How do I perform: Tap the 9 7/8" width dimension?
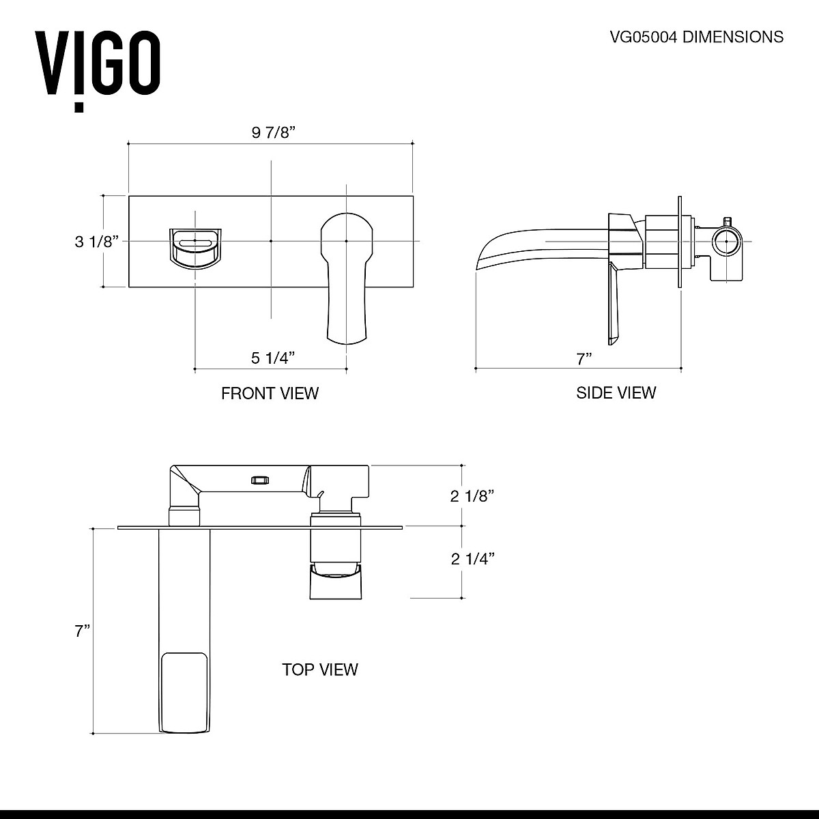click(x=272, y=132)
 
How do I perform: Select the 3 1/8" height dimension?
click(x=96, y=241)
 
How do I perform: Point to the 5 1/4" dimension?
click(x=273, y=357)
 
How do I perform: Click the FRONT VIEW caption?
click(x=270, y=393)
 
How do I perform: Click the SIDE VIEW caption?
click(x=616, y=392)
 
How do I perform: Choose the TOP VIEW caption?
click(x=319, y=670)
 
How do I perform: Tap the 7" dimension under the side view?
click(x=583, y=358)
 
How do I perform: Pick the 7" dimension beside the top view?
click(x=83, y=631)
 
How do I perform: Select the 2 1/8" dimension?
click(x=472, y=496)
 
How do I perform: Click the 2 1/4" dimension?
click(x=472, y=559)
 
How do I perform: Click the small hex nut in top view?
click(x=258, y=479)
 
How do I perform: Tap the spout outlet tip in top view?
click(x=184, y=693)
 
